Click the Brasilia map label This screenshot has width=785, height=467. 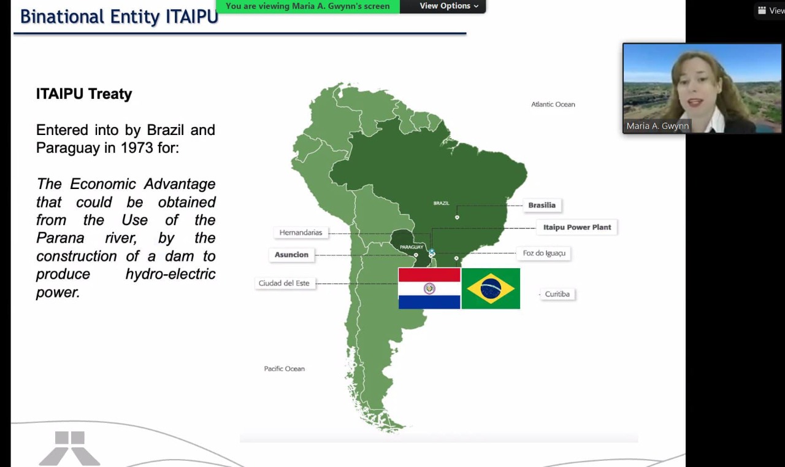point(542,205)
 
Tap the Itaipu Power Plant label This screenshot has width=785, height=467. point(577,227)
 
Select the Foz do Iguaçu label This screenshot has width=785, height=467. point(544,253)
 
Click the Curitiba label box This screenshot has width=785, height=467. point(557,294)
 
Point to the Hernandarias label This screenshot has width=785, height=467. point(301,233)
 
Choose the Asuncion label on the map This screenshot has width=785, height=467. point(291,255)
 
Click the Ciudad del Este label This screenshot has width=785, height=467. point(284,284)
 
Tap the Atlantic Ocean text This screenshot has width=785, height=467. point(553,104)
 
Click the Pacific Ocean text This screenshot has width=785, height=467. point(284,369)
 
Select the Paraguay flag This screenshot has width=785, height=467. point(429,288)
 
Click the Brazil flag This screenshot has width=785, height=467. point(491,288)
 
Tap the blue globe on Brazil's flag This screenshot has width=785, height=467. point(491,288)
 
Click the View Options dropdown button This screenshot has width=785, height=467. point(449,6)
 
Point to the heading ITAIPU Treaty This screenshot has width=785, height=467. point(84,94)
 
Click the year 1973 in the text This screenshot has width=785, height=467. point(137,148)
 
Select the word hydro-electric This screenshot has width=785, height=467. point(170,274)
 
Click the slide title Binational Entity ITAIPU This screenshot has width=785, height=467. point(119,17)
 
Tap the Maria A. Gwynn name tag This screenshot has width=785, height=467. point(657,126)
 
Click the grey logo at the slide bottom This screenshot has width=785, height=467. point(70,449)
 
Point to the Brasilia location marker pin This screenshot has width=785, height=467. point(457,217)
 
